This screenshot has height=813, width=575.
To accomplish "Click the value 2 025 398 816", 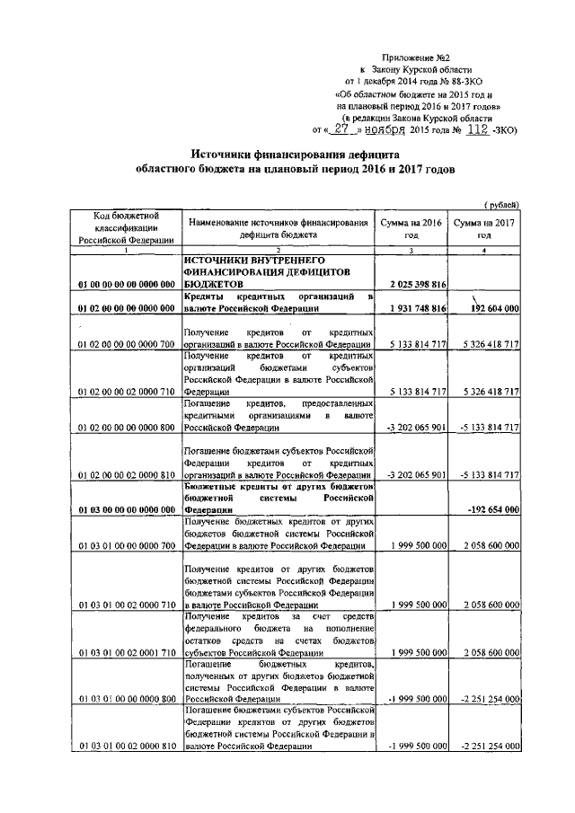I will coord(411,285).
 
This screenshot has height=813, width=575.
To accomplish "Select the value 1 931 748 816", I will coord(411,309).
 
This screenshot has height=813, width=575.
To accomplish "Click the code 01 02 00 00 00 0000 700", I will coord(127,345).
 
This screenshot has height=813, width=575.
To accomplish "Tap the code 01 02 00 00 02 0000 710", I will coord(127,392).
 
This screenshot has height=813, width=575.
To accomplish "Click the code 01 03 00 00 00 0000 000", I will coord(127,509).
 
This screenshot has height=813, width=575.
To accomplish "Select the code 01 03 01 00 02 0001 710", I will coord(127,651).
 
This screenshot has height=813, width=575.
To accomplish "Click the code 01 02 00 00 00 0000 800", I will coord(127,428).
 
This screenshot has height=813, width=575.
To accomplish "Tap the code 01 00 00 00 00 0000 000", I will coord(127,285).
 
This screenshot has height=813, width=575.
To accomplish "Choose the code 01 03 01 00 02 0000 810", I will coord(127,747).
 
